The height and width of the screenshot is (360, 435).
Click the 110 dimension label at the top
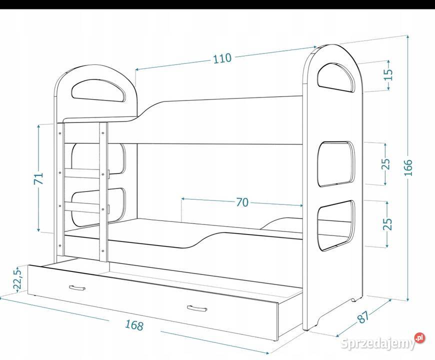[x=222, y=58]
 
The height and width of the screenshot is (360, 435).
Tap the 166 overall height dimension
[x=408, y=167]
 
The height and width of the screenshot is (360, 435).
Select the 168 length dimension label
[x=134, y=325]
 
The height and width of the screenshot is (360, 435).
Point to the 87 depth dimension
[x=363, y=316]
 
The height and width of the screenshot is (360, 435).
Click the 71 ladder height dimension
[x=38, y=178]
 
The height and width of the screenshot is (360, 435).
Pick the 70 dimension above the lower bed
[x=242, y=202]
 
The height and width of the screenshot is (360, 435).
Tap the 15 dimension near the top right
[x=389, y=74]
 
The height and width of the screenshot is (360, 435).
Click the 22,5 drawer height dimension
[x=17, y=279]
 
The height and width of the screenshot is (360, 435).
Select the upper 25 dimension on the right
[x=385, y=163]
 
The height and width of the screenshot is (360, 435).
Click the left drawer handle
[x=77, y=288]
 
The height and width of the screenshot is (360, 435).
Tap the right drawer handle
[x=196, y=308]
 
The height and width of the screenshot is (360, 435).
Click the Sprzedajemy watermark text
[x=377, y=343]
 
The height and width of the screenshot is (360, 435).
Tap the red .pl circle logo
[x=419, y=338]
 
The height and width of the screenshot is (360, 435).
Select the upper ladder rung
[x=82, y=173]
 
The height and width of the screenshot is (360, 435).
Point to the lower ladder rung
[x=82, y=206]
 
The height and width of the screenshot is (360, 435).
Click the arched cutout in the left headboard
[x=98, y=90]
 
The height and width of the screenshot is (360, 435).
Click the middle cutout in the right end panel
[x=336, y=164]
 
